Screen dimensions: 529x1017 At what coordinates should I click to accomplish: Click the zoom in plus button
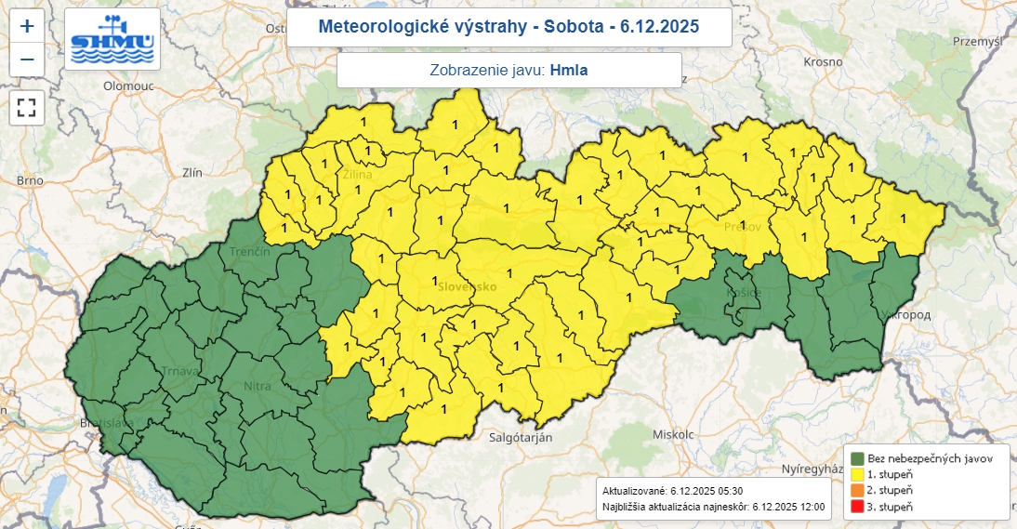pyautogui.click(x=27, y=26)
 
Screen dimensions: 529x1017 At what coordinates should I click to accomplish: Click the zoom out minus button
pyautogui.click(x=27, y=60)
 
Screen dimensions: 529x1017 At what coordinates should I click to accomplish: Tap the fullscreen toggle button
pyautogui.click(x=27, y=107)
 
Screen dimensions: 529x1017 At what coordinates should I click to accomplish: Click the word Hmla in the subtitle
pyautogui.click(x=569, y=70)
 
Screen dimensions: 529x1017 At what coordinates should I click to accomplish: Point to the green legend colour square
pyautogui.click(x=855, y=458)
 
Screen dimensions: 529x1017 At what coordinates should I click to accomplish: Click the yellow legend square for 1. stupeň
pyautogui.click(x=855, y=474)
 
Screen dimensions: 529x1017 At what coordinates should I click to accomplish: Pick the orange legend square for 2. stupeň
pyautogui.click(x=855, y=490)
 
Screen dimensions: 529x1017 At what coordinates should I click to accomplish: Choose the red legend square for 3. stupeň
pyautogui.click(x=855, y=507)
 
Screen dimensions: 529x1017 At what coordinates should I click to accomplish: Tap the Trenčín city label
pyautogui.click(x=249, y=252)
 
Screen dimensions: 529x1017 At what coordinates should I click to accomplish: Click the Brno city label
pyautogui.click(x=30, y=180)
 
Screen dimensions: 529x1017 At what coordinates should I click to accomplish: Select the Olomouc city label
pyautogui.click(x=126, y=85)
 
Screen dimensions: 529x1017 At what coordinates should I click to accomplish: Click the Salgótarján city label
pyautogui.click(x=521, y=436)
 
